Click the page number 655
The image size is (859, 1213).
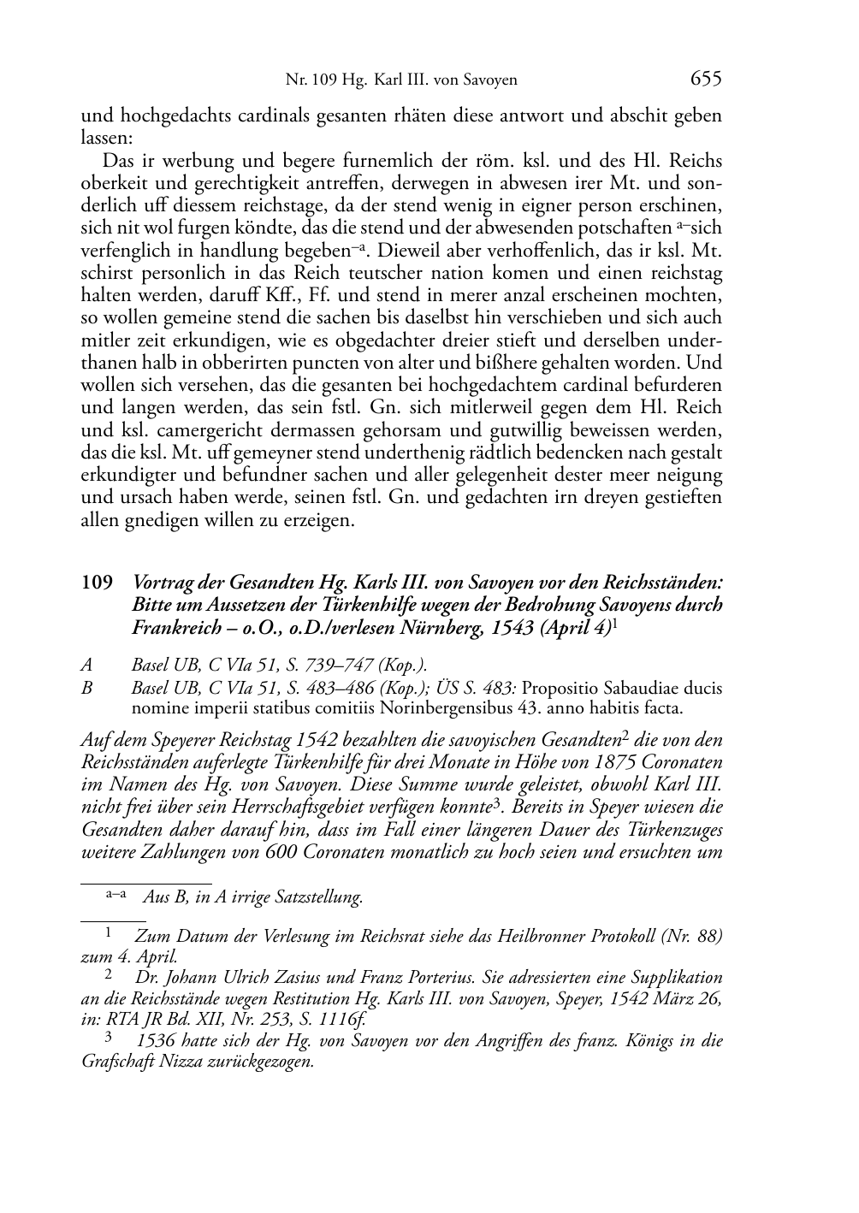705,80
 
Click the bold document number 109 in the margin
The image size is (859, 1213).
97,583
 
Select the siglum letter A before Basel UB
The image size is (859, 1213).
86,665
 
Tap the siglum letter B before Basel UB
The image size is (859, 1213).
86,688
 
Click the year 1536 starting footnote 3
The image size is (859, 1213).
155,1041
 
